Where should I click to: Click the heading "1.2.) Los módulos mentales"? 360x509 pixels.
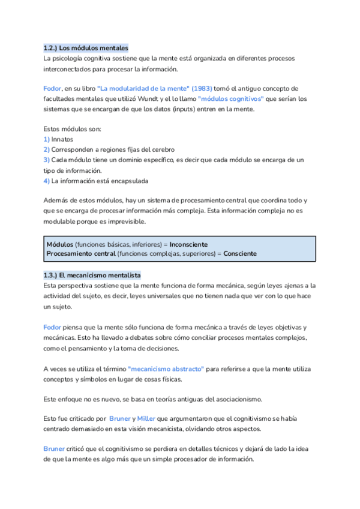pos(86,47)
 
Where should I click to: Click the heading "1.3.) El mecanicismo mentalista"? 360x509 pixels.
pos(92,275)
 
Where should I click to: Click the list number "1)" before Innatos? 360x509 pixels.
pos(47,139)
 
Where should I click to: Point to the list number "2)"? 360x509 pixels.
pos(47,149)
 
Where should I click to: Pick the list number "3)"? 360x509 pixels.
pos(47,160)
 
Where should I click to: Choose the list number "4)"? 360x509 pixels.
pos(47,180)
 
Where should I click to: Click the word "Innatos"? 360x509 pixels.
pos(62,139)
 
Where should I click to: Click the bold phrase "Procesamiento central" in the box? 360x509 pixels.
pos(81,253)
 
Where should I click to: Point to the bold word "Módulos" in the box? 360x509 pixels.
pos(60,244)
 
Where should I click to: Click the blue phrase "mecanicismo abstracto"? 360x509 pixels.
pos(166,369)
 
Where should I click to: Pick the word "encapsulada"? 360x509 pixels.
pos(128,180)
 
